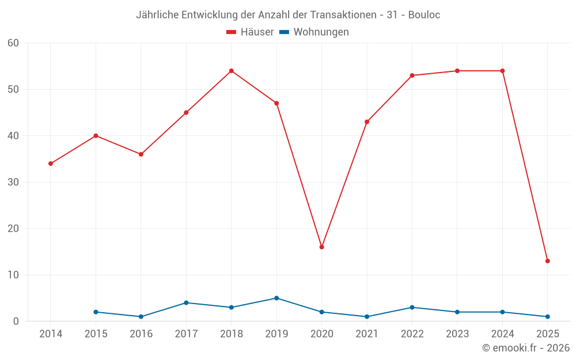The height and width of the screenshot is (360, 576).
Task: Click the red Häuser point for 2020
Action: point(321,247)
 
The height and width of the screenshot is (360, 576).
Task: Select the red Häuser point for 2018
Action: point(231,71)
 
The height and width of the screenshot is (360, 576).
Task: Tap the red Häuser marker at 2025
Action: point(547,261)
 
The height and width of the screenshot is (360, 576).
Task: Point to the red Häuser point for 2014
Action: point(51,164)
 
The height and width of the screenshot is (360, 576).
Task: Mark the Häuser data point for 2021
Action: point(367,122)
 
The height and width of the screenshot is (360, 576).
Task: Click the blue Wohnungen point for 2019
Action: point(276,298)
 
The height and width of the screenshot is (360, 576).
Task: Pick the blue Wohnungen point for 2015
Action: point(96,312)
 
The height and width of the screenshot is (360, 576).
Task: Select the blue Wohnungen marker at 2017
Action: point(186,303)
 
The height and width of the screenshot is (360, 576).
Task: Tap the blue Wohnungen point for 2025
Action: point(547,317)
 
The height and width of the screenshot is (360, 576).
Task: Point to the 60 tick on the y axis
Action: point(13,43)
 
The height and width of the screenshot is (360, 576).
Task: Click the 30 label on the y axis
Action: point(13,182)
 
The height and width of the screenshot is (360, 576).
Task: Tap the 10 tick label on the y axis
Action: point(13,275)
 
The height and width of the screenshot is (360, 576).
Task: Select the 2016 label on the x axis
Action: point(141,334)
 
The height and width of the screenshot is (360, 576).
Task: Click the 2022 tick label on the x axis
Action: point(412,334)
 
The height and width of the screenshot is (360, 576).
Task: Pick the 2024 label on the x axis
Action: point(502,334)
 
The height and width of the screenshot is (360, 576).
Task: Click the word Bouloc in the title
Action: point(424,15)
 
